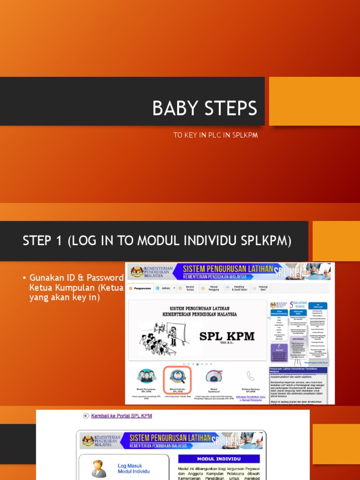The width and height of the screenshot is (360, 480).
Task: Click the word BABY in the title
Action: point(173,109)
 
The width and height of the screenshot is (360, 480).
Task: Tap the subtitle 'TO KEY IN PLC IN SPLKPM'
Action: point(216,135)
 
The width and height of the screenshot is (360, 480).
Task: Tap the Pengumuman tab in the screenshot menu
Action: point(141,289)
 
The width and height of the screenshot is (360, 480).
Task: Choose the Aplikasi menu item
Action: point(165,289)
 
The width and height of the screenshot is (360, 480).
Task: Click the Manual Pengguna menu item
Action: point(213,289)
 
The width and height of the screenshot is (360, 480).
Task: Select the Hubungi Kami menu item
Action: point(265,289)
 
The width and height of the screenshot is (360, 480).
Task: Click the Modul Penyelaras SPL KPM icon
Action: point(146,376)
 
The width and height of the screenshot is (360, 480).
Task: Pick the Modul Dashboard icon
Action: point(213,376)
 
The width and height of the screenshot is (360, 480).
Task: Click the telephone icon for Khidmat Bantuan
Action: point(250,376)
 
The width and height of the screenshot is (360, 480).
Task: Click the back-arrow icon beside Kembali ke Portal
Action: point(85,416)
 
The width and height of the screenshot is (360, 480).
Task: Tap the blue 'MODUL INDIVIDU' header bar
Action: point(218,459)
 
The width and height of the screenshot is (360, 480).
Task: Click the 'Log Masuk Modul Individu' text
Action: point(134,468)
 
